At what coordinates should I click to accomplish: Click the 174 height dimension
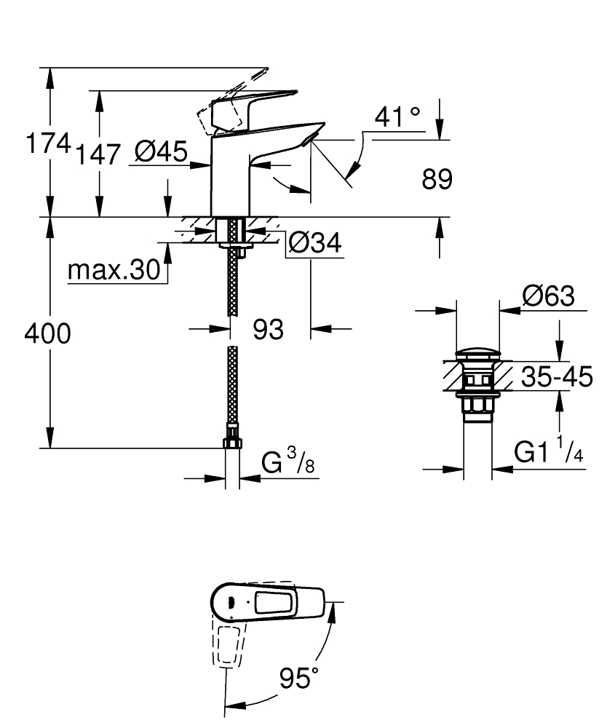pos(47,143)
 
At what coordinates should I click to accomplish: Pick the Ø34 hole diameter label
pos(314,244)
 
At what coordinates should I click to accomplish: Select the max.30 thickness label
pos(113,271)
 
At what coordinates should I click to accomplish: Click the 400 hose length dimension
pos(47,333)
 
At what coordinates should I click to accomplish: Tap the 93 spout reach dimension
pos(268,330)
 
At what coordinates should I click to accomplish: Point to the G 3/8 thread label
pos(288,463)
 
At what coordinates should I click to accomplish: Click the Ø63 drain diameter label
pos(547,296)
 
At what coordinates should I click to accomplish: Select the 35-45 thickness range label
pos(558,377)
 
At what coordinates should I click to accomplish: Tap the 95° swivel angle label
pos(299,678)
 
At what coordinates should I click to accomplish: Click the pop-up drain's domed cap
pos(477,356)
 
